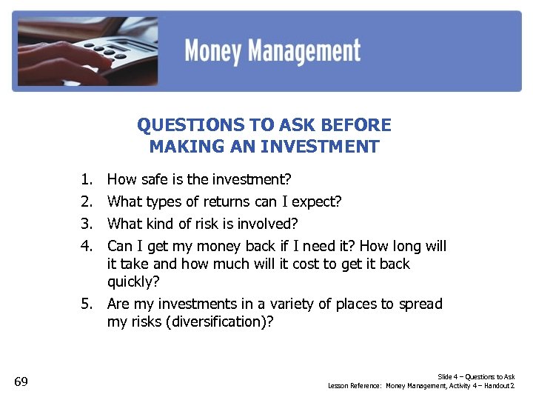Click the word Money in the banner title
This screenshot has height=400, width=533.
pos(214,52)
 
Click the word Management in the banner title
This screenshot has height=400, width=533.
pos(305,52)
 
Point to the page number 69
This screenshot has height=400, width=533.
pos(21,381)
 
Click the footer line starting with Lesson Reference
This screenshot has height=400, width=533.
pos(421,386)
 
